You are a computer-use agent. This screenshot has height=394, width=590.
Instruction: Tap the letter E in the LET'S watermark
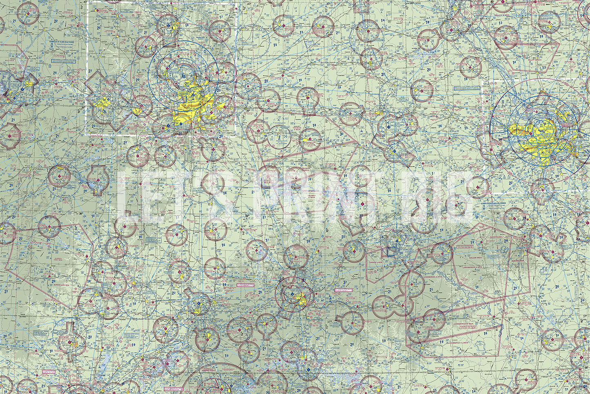pyautogui.click(x=153, y=196)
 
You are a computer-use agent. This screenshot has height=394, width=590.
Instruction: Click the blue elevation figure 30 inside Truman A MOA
pyautogui.click(x=341, y=134)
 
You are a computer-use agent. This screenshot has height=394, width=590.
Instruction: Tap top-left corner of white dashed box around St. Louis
pyautogui.click(x=483, y=82)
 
